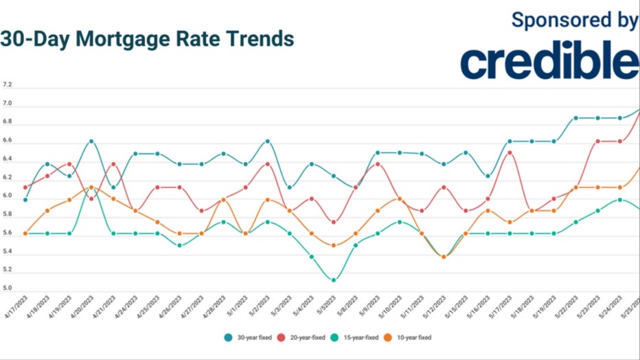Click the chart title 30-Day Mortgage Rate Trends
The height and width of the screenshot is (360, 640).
click(147, 38)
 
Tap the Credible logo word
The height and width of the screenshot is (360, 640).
click(549, 63)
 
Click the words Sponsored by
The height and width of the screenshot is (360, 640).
click(575, 20)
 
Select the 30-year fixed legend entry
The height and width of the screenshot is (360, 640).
click(248, 337)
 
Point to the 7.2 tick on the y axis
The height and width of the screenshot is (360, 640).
click(8, 85)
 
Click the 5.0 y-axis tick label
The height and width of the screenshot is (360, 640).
click(8, 289)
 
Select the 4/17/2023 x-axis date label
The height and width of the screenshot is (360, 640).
click(16, 307)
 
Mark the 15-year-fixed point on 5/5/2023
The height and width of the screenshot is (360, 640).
click(334, 280)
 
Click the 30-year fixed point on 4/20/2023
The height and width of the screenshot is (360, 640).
click(91, 142)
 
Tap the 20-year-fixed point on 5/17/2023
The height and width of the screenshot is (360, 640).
click(510, 153)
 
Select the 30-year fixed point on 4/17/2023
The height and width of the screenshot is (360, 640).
click(25, 200)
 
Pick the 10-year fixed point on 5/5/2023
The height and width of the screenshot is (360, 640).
click(334, 245)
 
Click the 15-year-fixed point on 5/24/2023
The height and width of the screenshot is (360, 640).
click(620, 200)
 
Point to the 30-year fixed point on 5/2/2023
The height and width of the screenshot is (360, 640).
click(267, 142)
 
